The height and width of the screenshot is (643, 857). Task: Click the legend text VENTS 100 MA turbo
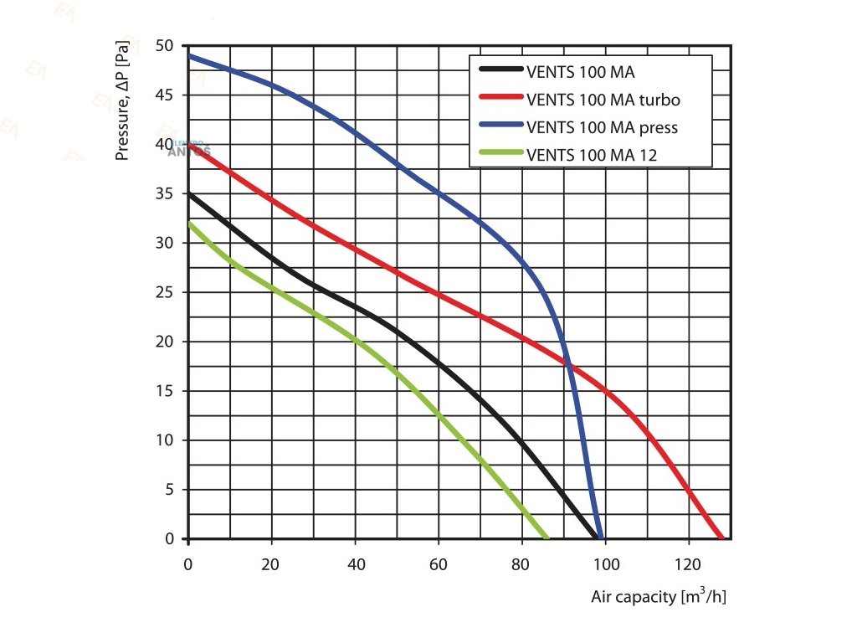tap(603, 100)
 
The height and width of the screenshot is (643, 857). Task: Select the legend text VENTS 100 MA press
tap(602, 127)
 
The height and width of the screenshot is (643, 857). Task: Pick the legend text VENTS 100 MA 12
tap(592, 154)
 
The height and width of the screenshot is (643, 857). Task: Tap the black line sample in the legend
tap(500, 72)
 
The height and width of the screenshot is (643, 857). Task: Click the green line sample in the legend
tap(500, 154)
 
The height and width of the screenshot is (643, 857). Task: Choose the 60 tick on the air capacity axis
tap(439, 564)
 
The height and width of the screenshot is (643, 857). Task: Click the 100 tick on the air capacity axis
tap(606, 564)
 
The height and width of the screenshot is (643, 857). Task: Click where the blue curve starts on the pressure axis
tap(188, 55)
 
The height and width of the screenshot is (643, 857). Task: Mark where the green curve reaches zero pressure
tap(547, 539)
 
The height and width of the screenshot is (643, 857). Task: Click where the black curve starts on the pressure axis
tap(188, 193)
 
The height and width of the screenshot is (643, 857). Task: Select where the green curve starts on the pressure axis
tap(188, 223)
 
